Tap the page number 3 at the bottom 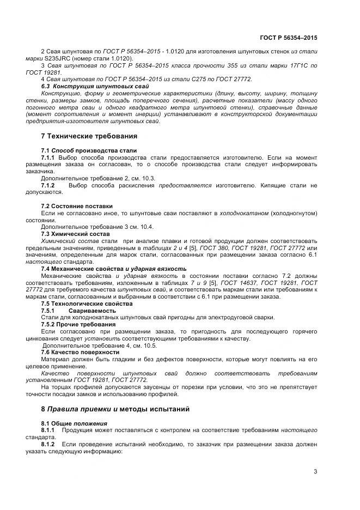[315, 472]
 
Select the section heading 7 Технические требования [89, 136]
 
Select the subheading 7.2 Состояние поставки [77, 206]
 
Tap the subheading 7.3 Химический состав [75, 233]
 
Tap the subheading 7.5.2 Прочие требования [77, 324]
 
